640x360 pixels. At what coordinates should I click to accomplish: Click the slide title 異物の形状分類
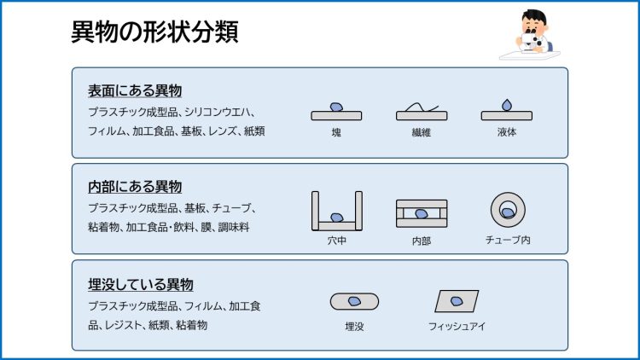pos(154,32)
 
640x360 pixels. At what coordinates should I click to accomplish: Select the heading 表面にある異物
pos(135,90)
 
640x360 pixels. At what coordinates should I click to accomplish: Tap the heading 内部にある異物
pos(135,186)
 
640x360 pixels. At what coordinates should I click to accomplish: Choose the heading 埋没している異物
pos(141,284)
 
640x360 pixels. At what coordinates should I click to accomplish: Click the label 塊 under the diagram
pos(336,133)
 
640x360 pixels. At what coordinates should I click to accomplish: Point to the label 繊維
pos(421,133)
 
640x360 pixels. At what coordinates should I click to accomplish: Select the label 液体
pos(507,133)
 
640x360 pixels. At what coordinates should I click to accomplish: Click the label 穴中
pos(336,241)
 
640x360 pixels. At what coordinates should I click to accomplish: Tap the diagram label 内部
pos(421,241)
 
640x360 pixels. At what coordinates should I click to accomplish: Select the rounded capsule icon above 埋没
pos(354,301)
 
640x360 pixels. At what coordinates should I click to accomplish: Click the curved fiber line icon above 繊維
pos(421,109)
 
